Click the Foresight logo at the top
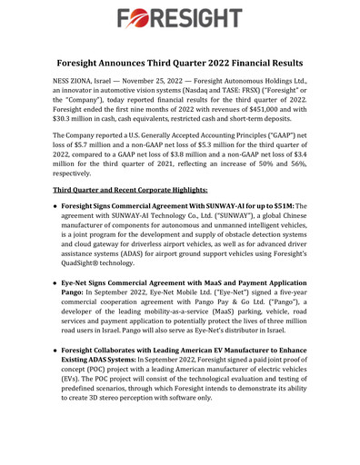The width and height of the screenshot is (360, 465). [x=179, y=18]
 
